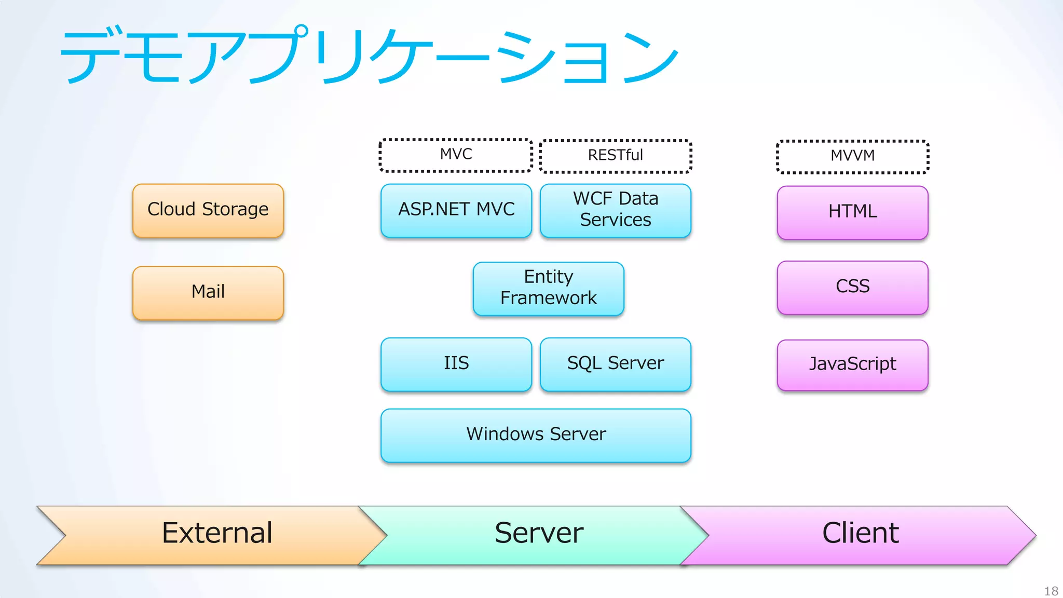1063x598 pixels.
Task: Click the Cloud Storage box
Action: [x=208, y=210]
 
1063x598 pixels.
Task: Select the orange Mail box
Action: [x=208, y=292]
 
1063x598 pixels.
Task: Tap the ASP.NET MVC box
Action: [x=456, y=210]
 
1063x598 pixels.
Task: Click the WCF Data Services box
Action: [x=615, y=210]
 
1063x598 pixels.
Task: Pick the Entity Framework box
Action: [x=548, y=289]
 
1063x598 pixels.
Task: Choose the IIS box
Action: [x=456, y=364]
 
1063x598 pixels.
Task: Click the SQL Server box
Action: [x=615, y=364]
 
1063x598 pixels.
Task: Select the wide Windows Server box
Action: [x=536, y=435]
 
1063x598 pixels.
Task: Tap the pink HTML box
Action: [x=852, y=212]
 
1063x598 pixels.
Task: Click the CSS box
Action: [x=852, y=287]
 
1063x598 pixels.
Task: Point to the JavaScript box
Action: [x=852, y=365]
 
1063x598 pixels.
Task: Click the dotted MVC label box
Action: [x=456, y=155]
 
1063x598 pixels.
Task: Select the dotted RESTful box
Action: [x=615, y=156]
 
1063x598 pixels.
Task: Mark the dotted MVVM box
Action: [x=852, y=156]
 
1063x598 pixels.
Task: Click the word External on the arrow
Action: [x=217, y=533]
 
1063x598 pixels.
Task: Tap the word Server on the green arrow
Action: [x=539, y=533]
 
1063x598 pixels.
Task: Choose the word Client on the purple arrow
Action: [x=860, y=533]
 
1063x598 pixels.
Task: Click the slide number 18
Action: [x=1051, y=591]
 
